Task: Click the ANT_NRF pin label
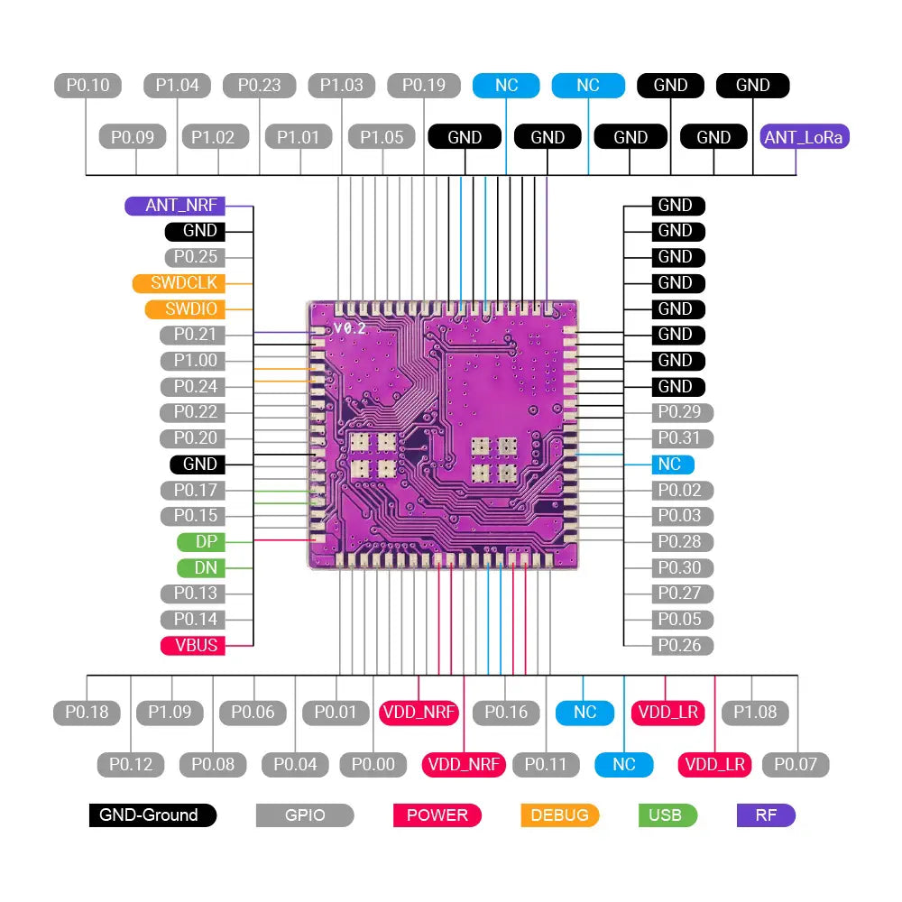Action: (175, 205)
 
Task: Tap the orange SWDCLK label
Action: (178, 282)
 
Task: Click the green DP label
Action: (199, 542)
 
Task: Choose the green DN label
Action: (199, 568)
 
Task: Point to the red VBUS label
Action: (192, 646)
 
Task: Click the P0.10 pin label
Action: (87, 86)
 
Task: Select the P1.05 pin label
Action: (382, 137)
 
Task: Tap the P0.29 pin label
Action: (682, 412)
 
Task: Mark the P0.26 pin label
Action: (682, 646)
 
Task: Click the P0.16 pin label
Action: (506, 713)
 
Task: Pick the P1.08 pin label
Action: (755, 713)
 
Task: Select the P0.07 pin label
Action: (795, 765)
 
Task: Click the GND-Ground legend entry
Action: (152, 815)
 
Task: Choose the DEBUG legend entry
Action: (559, 815)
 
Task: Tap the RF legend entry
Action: (766, 815)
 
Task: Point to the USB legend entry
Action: (667, 815)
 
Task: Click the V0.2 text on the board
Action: (349, 328)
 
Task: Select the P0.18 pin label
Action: (87, 713)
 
